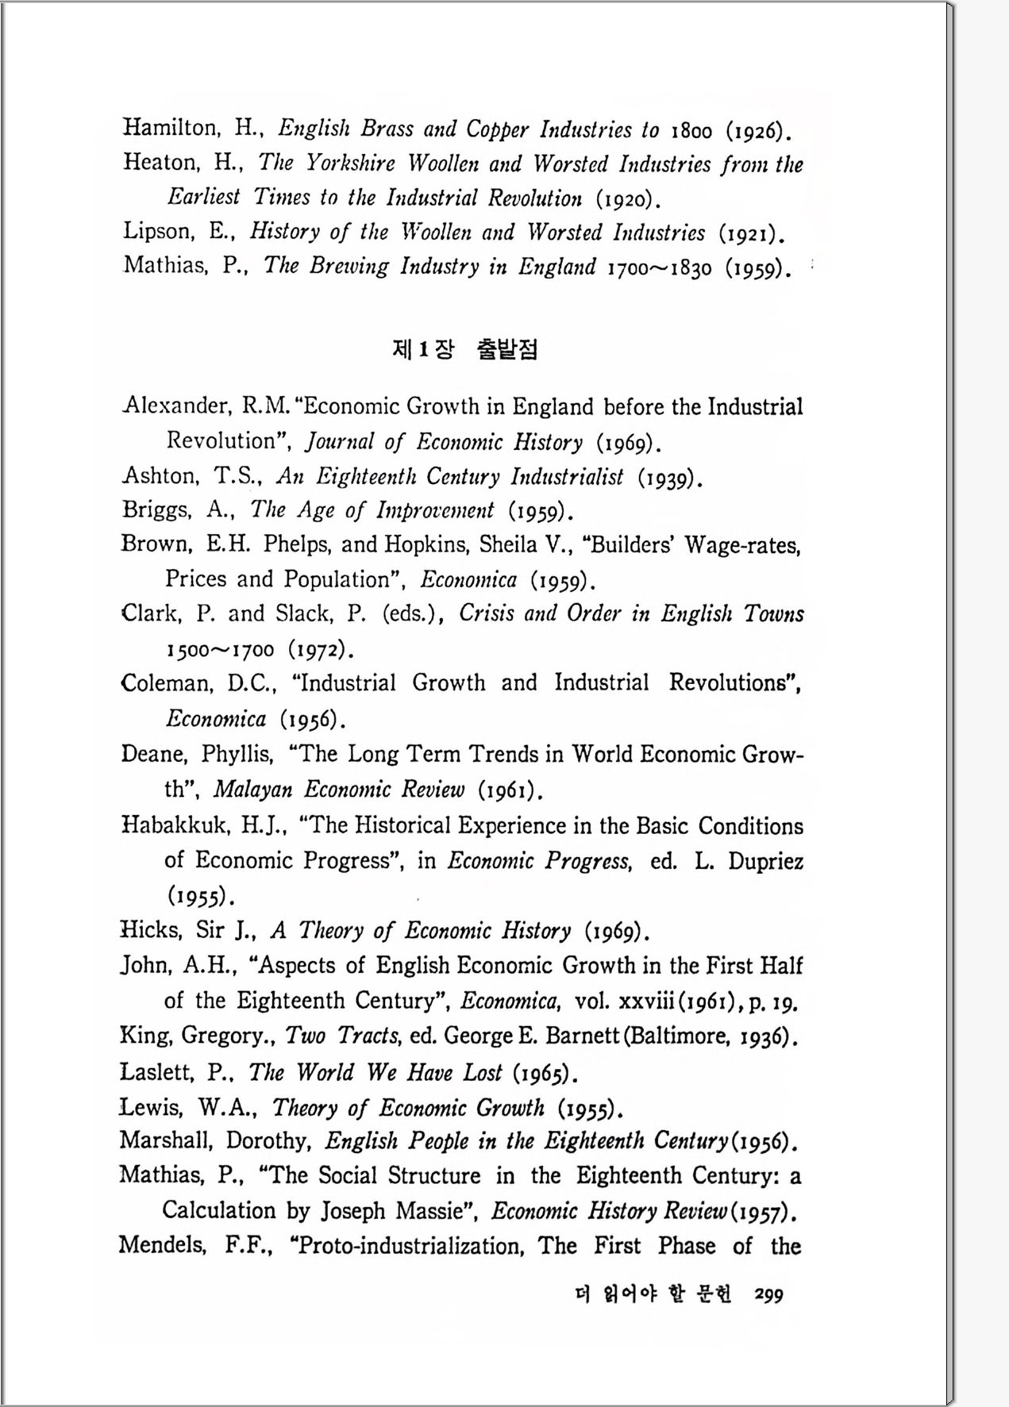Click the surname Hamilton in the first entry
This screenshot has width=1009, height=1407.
point(170,128)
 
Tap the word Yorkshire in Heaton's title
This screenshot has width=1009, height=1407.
point(350,163)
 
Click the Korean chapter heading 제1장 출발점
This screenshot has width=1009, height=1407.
point(464,349)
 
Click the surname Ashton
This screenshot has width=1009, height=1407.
point(159,476)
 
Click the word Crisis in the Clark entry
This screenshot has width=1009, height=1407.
point(486,613)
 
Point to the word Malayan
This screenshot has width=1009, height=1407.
point(252,790)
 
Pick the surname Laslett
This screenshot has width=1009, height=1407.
point(156,1072)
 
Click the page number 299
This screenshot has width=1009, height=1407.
point(768,1295)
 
